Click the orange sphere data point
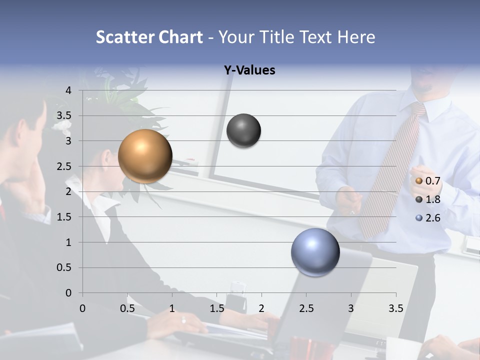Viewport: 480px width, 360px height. (145, 156)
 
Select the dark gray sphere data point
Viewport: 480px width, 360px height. (243, 131)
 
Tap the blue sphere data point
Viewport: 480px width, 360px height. (315, 252)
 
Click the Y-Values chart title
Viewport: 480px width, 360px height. (249, 70)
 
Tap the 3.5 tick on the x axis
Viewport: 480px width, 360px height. (395, 308)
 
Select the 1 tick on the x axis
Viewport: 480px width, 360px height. (172, 308)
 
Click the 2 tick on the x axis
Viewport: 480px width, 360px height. (261, 308)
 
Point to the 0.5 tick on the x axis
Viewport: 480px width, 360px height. (127, 308)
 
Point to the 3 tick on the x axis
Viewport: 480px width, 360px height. (351, 308)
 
